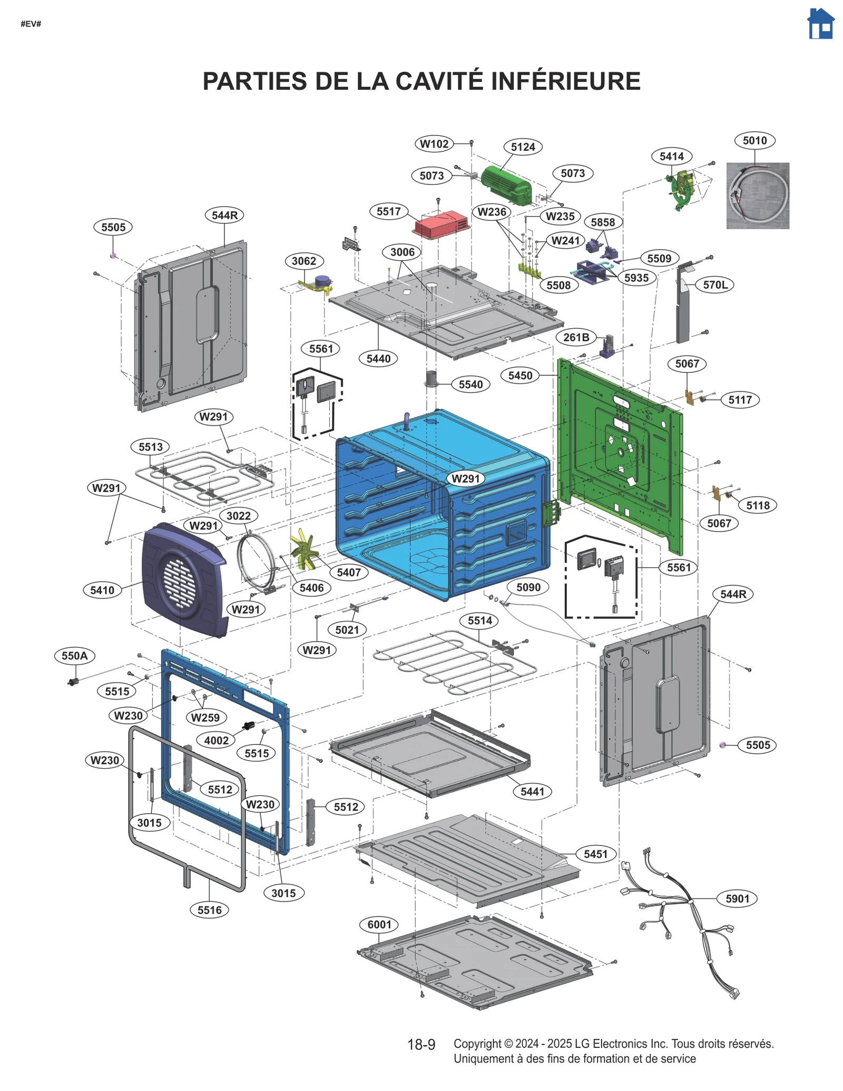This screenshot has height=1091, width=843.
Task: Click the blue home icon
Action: click(x=820, y=24)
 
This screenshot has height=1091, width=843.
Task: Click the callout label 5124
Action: click(x=523, y=147)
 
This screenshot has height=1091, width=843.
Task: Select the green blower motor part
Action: click(x=506, y=184)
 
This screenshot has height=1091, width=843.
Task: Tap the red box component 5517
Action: click(x=442, y=225)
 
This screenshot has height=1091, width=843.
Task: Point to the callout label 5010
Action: click(x=754, y=141)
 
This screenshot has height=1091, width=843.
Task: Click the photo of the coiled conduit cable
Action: click(x=757, y=195)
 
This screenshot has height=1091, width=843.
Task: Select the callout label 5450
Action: click(x=520, y=376)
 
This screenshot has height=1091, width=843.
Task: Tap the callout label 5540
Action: click(x=470, y=385)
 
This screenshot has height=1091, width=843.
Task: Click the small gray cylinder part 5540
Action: click(x=433, y=379)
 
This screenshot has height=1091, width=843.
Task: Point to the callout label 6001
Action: click(x=379, y=925)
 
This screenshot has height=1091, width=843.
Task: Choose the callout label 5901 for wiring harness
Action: click(x=737, y=899)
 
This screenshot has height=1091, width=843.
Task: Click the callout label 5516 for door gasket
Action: click(x=209, y=910)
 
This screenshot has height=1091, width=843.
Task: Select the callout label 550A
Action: click(x=74, y=656)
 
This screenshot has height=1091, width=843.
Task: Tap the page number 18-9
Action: click(x=421, y=1045)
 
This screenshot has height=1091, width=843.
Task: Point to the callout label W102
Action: click(x=434, y=144)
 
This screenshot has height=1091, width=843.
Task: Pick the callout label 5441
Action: click(x=532, y=791)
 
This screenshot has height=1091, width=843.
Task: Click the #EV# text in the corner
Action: click(x=31, y=24)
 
